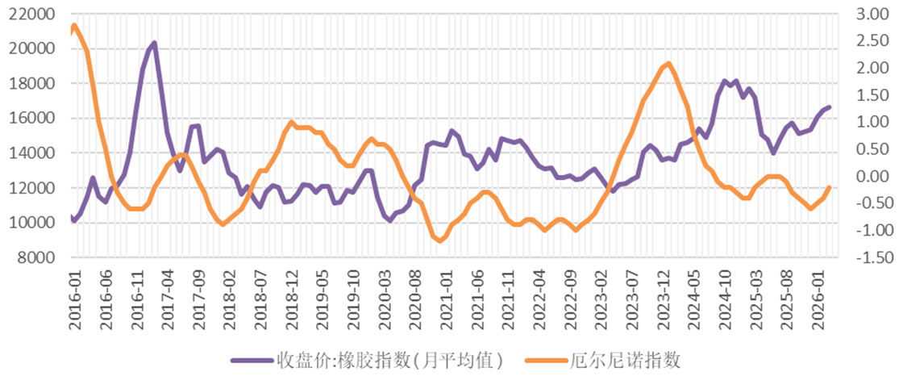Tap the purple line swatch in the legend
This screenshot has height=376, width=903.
pos(250,359)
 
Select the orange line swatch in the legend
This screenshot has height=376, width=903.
pos(545,359)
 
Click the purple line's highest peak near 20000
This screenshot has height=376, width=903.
pos(154,43)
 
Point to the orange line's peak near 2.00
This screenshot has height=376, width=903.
pos(669,63)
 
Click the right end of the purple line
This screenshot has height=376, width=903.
pos(829,107)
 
